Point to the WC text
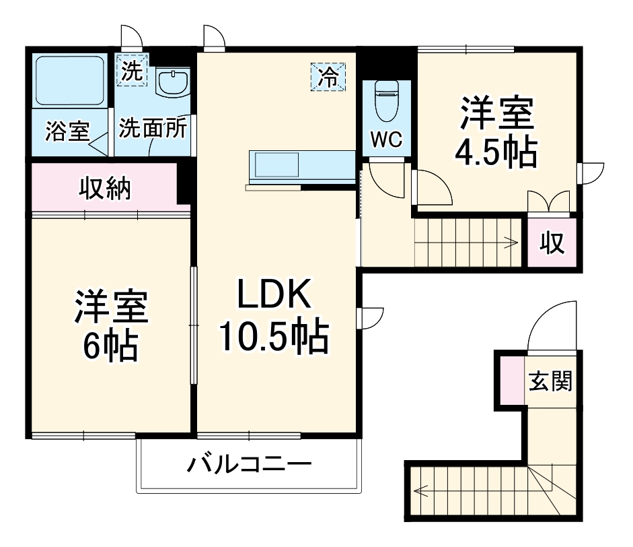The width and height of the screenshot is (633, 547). [x=387, y=140]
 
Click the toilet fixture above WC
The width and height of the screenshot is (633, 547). [x=387, y=101]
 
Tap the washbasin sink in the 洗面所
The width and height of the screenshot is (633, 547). [x=171, y=84]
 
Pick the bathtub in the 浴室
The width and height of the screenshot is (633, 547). [x=69, y=80]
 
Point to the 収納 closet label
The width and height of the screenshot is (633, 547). [x=105, y=189]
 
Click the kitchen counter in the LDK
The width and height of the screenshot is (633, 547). [x=301, y=167]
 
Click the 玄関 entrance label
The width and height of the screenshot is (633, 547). [x=550, y=382]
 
